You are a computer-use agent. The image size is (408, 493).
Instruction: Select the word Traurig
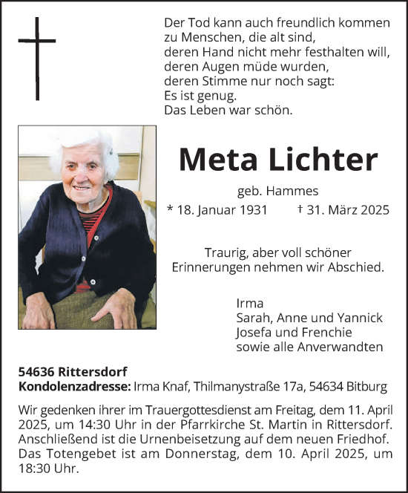click(x=227, y=252)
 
